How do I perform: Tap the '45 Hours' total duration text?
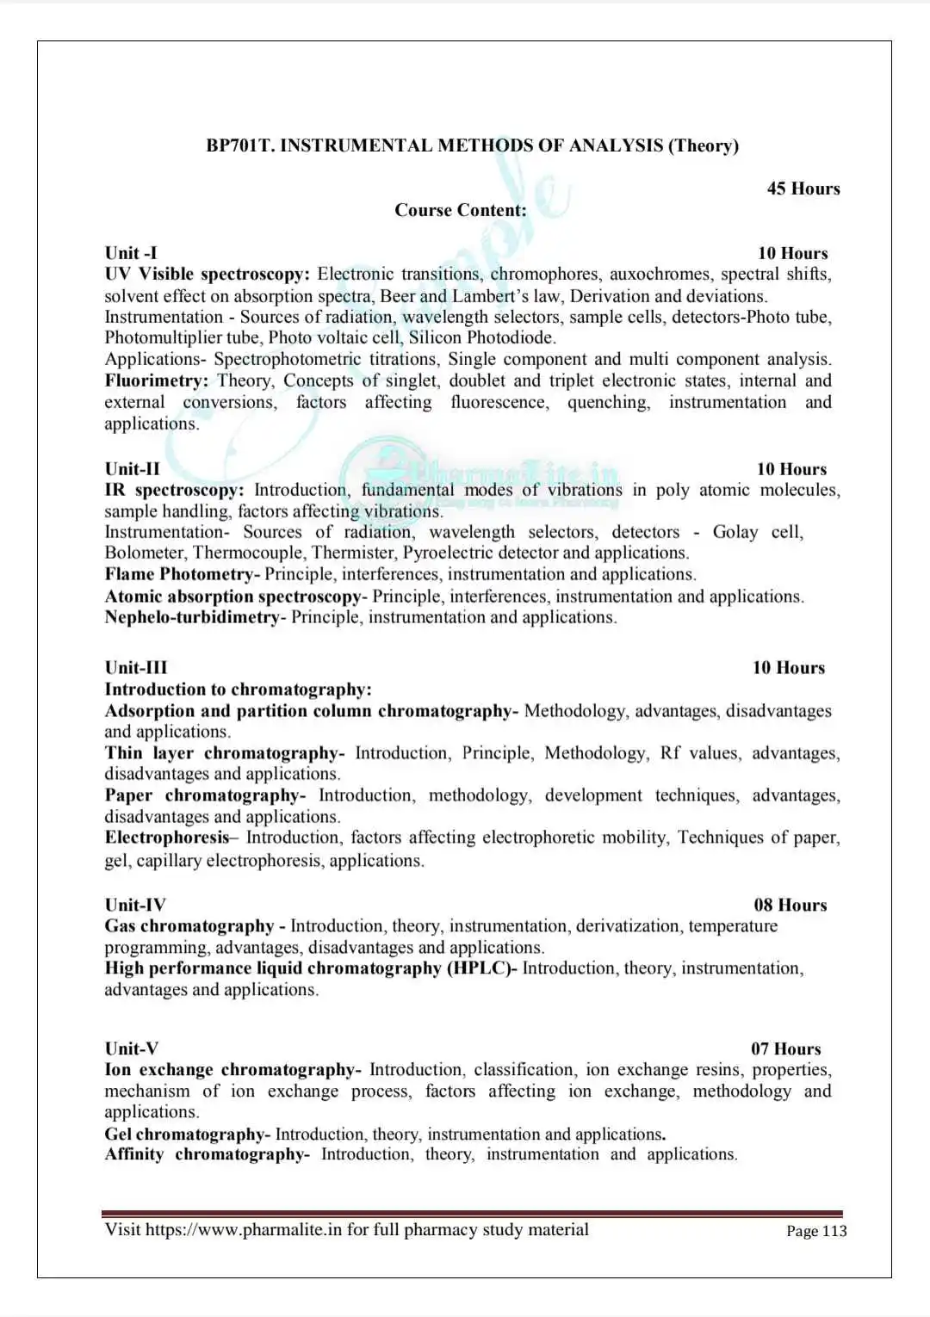coord(803,189)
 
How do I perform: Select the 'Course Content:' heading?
coord(461,210)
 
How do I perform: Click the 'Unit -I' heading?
coord(131,253)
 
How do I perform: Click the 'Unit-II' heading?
coord(133,469)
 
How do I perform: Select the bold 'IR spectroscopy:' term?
coord(174,490)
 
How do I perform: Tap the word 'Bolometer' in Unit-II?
coord(144,553)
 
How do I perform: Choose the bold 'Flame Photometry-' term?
coord(183,574)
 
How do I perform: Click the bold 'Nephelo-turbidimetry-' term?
coord(195,617)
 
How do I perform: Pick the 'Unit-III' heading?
coord(136,668)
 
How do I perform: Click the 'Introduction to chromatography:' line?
coord(239,689)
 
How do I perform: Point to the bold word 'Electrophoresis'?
coord(167,838)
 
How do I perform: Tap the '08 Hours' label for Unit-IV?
coord(790,905)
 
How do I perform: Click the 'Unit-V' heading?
coord(132,1048)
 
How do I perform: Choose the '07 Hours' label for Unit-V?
coord(785,1048)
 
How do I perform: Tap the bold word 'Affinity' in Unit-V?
coord(134,1154)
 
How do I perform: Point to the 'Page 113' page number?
coord(816,1231)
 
